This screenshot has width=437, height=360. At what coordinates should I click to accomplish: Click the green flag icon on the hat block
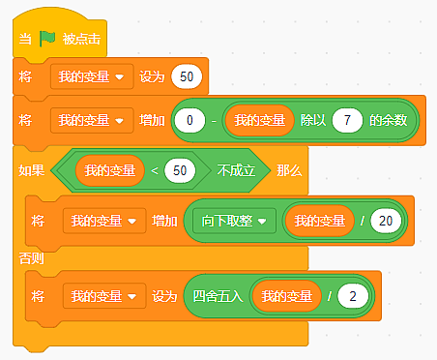click(47, 39)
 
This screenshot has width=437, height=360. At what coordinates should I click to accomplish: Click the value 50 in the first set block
click(187, 76)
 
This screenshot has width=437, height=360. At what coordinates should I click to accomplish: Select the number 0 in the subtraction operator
click(189, 120)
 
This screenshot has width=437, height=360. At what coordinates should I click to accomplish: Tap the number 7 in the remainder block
click(347, 120)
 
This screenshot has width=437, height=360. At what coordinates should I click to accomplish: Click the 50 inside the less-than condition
click(180, 170)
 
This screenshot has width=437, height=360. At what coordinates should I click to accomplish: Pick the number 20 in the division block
click(386, 221)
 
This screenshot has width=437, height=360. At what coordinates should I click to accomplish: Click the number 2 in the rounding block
click(353, 296)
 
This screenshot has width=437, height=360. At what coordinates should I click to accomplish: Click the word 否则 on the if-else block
click(31, 258)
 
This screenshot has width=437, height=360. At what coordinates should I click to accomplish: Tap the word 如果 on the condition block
click(31, 170)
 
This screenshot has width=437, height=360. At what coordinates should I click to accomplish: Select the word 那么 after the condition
click(289, 170)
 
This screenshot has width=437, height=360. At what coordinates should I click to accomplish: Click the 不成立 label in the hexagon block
click(236, 170)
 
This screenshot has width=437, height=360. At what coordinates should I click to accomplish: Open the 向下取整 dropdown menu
click(234, 221)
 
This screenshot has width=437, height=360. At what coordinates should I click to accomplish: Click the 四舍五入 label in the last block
click(218, 296)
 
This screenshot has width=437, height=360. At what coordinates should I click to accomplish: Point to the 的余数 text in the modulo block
click(389, 120)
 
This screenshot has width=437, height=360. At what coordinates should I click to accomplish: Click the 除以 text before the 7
click(313, 120)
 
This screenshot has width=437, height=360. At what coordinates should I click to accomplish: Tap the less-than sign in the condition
click(155, 170)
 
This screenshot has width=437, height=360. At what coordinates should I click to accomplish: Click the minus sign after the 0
click(214, 121)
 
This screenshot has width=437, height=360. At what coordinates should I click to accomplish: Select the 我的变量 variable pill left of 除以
click(259, 120)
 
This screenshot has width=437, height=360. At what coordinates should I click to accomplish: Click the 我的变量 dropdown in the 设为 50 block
click(92, 76)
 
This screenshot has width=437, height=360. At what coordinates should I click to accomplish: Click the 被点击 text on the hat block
click(81, 39)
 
